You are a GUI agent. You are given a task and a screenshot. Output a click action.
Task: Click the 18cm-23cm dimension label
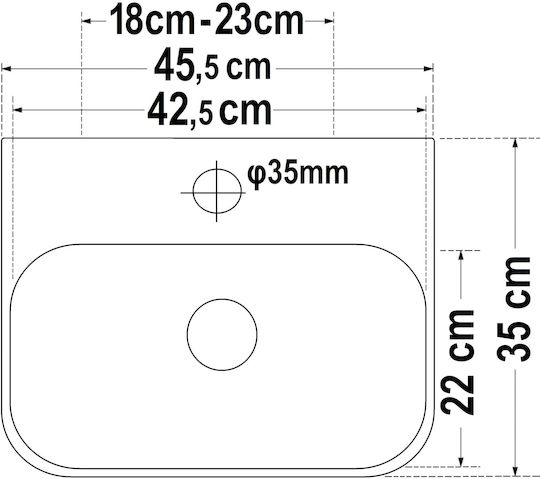[207, 21]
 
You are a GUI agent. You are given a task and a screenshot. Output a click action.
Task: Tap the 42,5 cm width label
[210, 111]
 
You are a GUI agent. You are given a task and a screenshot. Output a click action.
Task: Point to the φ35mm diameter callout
[298, 174]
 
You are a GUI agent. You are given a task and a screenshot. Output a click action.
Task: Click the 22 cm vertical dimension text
[458, 362]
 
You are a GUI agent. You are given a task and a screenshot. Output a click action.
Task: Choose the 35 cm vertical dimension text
[513, 309]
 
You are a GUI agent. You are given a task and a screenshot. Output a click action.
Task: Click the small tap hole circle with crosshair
[217, 191]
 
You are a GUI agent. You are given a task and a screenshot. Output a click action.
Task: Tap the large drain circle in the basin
[222, 334]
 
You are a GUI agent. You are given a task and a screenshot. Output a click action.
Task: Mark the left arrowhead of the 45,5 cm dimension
[7, 69]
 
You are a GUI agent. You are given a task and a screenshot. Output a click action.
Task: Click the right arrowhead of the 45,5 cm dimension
[429, 69]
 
